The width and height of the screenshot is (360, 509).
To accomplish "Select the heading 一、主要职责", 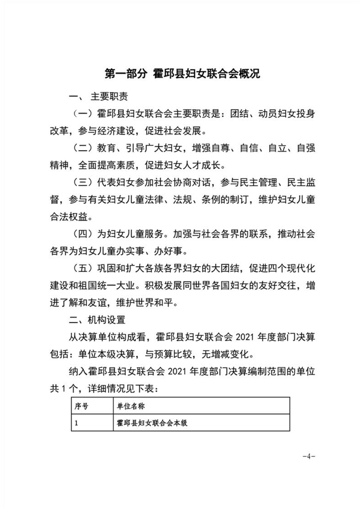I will [x=98, y=97].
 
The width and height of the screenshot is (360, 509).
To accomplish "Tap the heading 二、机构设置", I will [x=96, y=319].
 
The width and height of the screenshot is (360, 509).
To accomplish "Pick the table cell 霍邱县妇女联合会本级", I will [x=152, y=423].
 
